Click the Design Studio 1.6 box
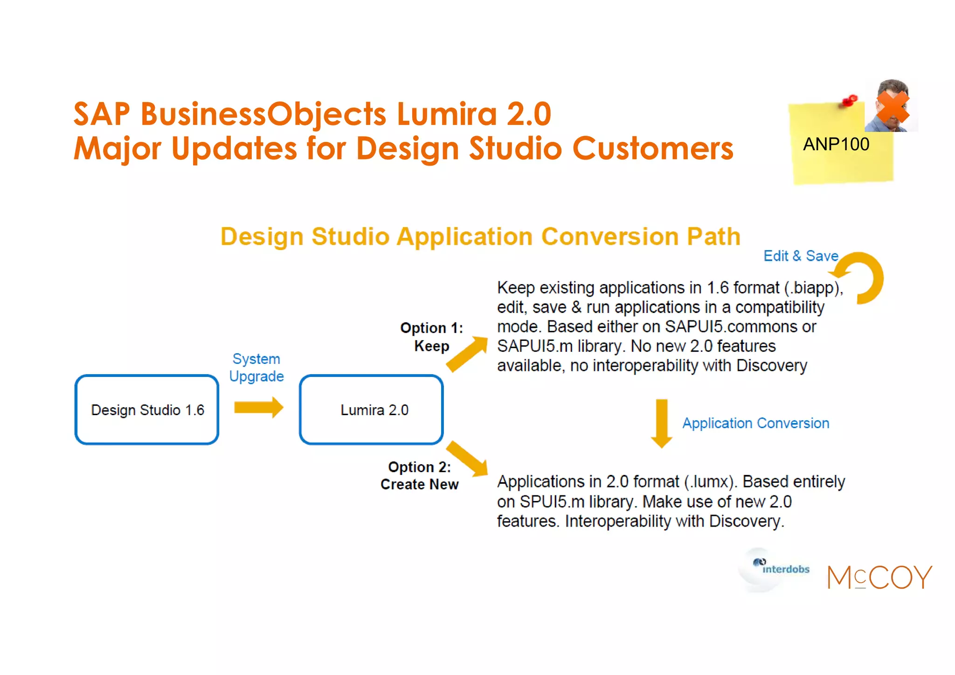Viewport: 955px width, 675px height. click(147, 410)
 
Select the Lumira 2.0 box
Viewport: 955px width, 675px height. click(371, 410)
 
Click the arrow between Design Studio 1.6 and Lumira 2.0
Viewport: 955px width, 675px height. click(258, 407)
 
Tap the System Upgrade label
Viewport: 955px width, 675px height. click(256, 368)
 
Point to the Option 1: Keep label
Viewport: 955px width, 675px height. click(431, 337)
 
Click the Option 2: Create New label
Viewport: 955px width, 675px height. click(419, 475)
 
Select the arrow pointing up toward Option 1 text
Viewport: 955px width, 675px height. click(467, 354)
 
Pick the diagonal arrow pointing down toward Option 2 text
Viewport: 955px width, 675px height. click(468, 459)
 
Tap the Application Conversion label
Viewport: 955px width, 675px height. click(755, 423)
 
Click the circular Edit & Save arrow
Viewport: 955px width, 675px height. click(863, 278)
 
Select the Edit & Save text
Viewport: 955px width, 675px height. click(801, 256)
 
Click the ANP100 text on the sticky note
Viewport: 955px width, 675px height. click(836, 144)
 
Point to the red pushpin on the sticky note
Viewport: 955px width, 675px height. click(850, 100)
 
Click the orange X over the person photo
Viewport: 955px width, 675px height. click(892, 107)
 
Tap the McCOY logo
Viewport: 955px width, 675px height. click(879, 578)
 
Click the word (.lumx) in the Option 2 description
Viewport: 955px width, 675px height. click(711, 481)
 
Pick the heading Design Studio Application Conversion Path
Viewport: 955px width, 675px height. click(480, 236)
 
